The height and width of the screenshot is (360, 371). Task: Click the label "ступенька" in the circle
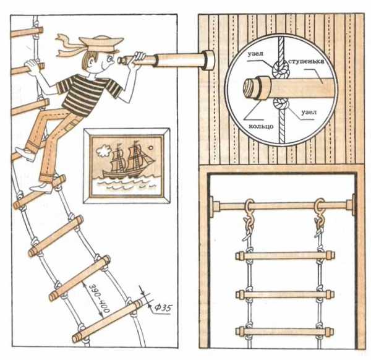[x=306, y=61]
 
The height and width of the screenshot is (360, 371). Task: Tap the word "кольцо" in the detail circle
[x=261, y=126]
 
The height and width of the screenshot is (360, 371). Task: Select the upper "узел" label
[x=255, y=54]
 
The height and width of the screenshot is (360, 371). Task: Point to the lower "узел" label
[x=309, y=112]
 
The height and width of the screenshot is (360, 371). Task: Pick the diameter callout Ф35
[x=163, y=308]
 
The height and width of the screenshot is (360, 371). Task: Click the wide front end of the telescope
[x=209, y=61]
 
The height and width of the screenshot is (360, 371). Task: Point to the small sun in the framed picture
[x=150, y=148]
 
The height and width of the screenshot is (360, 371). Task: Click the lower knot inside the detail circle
[x=281, y=103]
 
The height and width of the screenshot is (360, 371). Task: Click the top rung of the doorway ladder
[x=285, y=255]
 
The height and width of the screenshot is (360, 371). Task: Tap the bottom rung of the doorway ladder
[x=284, y=332]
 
